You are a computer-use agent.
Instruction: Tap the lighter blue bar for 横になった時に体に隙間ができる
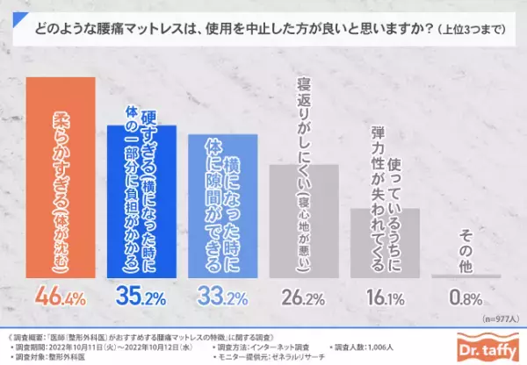coord(222,207)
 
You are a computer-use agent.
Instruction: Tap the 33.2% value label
coord(223,297)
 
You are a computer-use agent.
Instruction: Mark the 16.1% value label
coord(386,297)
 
